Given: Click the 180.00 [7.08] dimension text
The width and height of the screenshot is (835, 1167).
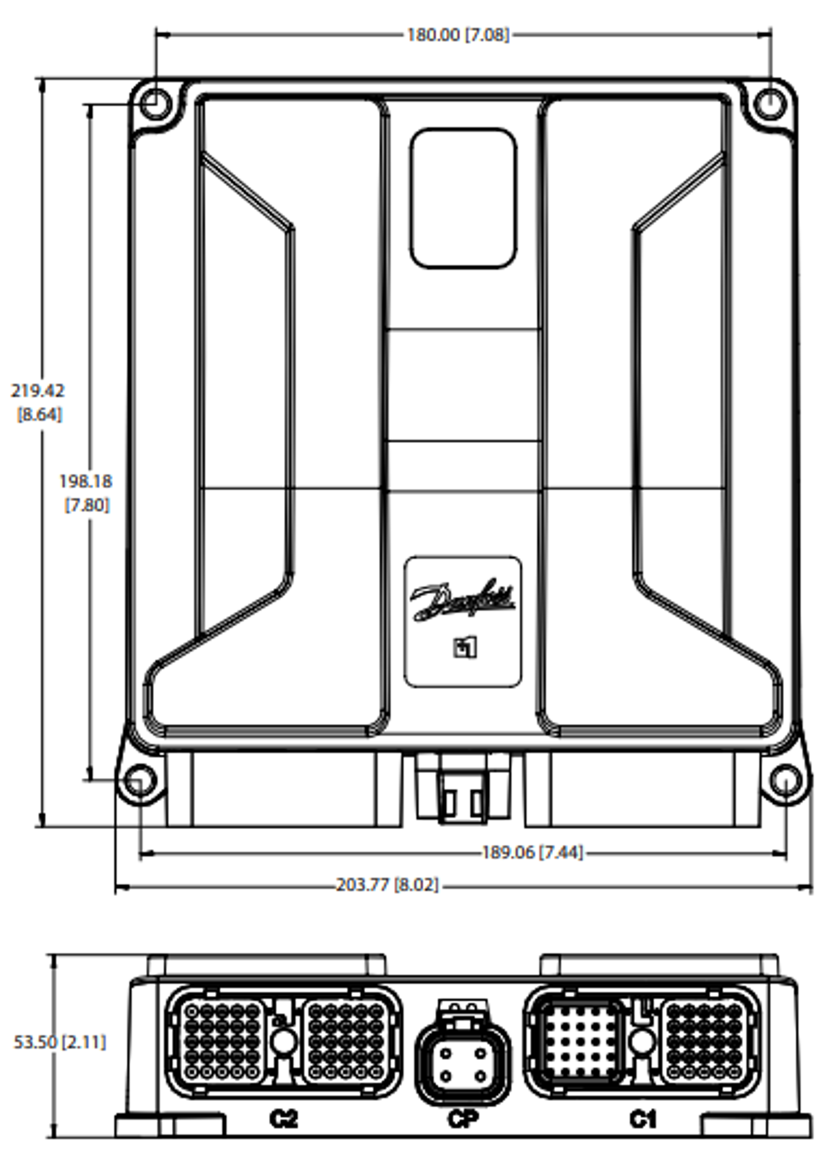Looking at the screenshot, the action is click(x=458, y=35).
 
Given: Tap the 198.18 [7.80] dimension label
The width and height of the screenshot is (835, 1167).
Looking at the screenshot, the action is click(x=86, y=493).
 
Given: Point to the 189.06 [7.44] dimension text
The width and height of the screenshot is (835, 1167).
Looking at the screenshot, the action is click(x=532, y=853).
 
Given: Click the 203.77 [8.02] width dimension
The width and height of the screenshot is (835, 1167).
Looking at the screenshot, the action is click(x=387, y=885).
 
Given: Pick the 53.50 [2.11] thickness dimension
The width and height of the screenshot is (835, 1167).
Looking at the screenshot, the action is click(x=60, y=1042).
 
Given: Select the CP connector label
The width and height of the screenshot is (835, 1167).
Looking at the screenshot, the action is click(x=463, y=1119).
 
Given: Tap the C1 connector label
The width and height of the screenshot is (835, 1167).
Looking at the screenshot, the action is click(x=643, y=1119).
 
